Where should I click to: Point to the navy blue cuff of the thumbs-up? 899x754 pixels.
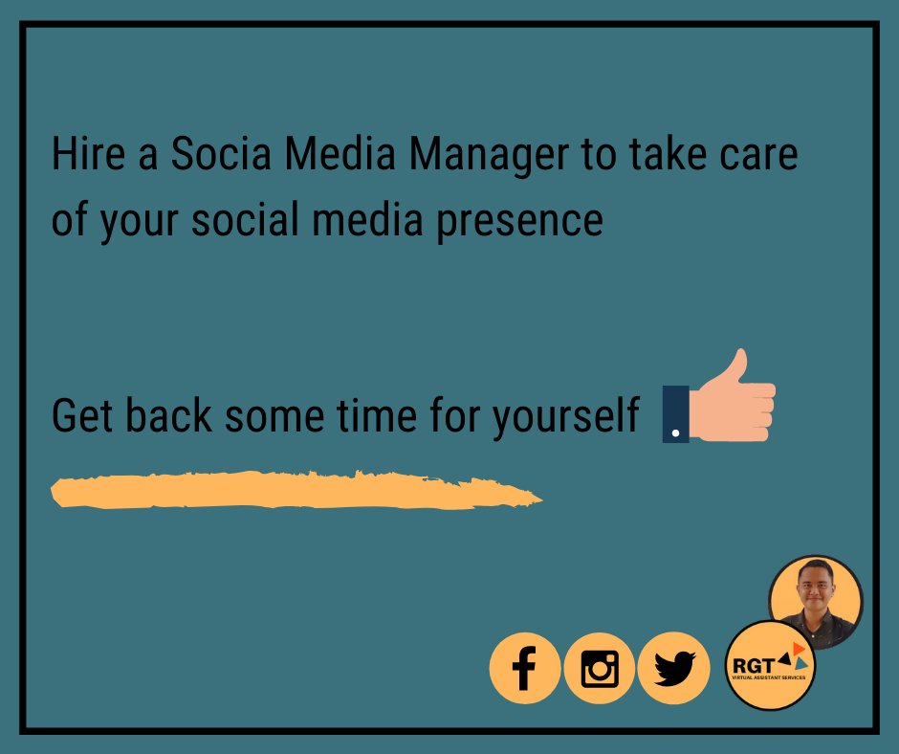[675, 414]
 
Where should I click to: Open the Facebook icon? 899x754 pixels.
[523, 668]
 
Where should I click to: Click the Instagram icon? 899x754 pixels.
[600, 668]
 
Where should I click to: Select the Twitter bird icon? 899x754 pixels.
[674, 668]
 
